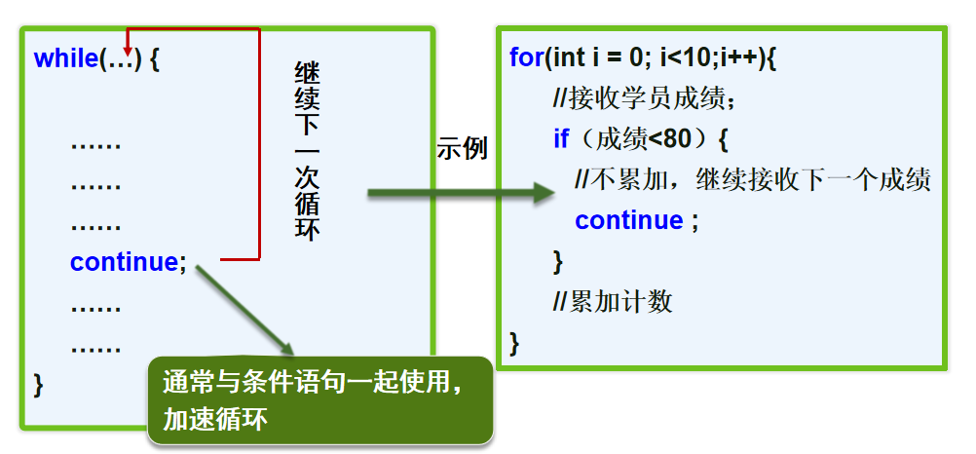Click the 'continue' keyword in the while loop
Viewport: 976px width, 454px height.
123,261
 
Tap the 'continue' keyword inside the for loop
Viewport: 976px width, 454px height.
628,220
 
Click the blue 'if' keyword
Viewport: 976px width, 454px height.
561,139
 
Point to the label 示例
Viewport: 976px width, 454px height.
462,149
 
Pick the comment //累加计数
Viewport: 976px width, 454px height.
613,302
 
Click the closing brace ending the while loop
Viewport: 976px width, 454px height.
39,383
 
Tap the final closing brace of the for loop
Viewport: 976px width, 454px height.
514,342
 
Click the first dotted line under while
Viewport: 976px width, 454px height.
95,144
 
